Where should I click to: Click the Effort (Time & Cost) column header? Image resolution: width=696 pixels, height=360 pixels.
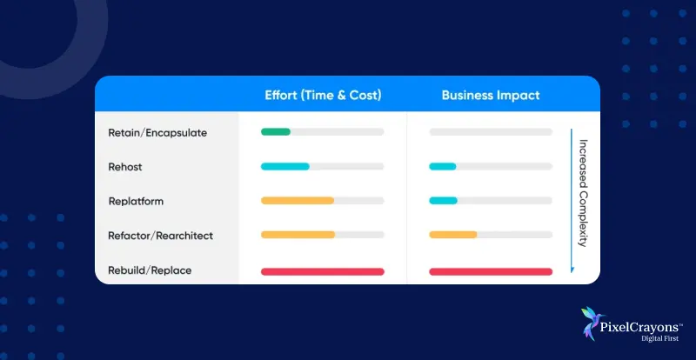point(322,95)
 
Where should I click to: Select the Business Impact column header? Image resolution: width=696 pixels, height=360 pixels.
point(490,95)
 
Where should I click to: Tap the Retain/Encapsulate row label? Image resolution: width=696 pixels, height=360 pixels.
point(157,132)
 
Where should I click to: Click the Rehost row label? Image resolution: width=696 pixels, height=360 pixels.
point(124,167)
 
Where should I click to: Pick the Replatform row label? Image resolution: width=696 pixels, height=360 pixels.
point(136,201)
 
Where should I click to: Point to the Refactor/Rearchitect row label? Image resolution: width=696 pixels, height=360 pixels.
point(160,236)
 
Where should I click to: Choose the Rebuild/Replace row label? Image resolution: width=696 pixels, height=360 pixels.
point(150,270)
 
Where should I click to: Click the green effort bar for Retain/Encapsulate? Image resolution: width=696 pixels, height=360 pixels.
point(276,132)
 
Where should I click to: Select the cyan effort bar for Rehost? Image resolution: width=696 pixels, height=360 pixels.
point(285,166)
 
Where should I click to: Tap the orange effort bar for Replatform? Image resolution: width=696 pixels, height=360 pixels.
point(298,201)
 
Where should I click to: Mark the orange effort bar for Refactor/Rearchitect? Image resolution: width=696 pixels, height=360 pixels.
point(298,235)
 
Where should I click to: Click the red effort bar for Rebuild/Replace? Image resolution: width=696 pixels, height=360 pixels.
point(322,271)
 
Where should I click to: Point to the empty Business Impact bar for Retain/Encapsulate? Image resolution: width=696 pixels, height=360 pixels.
point(491,132)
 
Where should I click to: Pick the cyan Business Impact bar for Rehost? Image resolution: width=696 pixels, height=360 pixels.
point(443,166)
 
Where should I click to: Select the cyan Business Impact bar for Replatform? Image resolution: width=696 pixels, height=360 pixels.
point(444,201)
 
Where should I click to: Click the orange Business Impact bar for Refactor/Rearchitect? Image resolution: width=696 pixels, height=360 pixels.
point(453,235)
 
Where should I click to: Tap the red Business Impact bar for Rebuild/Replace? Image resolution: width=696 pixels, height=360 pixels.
point(491,271)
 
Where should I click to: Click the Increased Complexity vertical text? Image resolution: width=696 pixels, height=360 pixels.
point(584,193)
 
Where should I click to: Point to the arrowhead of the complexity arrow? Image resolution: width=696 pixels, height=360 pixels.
point(572,270)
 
